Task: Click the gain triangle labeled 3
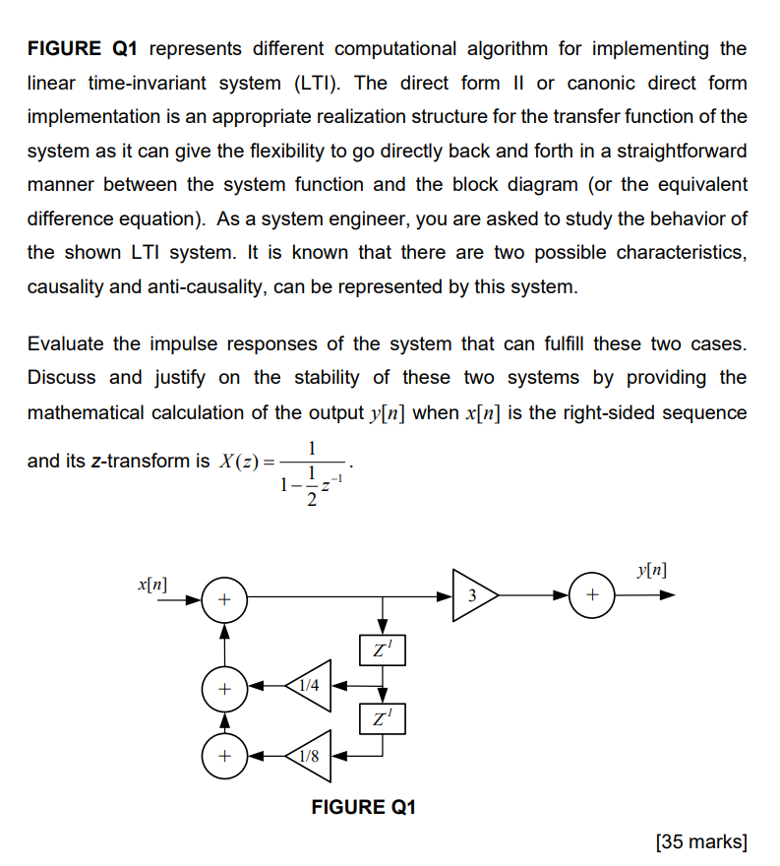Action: click(473, 595)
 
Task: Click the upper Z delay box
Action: click(383, 650)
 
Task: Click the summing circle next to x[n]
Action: click(224, 597)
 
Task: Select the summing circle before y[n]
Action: click(591, 595)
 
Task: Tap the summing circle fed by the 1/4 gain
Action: click(224, 688)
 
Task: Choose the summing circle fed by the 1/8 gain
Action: click(224, 756)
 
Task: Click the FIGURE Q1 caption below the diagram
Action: click(364, 807)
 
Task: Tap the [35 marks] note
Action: click(700, 841)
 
